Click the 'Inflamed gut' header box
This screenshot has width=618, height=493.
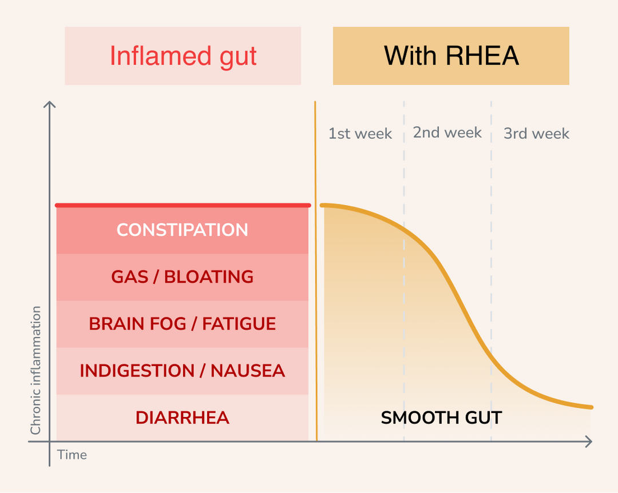pos(183,56)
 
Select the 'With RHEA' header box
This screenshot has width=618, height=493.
pos(451,56)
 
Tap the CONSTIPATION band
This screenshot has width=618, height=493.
pos(182,230)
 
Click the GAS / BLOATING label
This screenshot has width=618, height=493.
pos(182,277)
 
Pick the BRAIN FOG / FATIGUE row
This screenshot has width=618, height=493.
pos(182,324)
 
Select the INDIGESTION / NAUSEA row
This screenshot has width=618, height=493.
pos(182,371)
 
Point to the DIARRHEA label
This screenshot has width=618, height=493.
pos(182,418)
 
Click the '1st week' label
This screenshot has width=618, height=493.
pos(360,134)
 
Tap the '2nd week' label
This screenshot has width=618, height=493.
pos(447,133)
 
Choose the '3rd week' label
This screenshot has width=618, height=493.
pos(536,134)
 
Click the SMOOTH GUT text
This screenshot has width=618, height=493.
pos(441,418)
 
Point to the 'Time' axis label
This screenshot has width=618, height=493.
pos(72,455)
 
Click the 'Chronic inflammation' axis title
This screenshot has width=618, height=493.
pos(36,370)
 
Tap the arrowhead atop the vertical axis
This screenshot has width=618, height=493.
pos(50,104)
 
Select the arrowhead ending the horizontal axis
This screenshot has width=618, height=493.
pos(588,441)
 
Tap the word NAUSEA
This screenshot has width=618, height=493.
pos(248,371)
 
